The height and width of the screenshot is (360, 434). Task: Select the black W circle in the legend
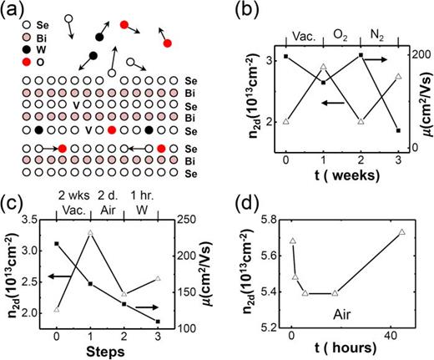coord(8,51)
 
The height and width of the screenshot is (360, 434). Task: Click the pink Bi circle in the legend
coord(8,38)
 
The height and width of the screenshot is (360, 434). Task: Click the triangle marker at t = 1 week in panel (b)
coord(324,67)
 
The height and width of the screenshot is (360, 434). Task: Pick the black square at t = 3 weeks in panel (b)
coord(399,130)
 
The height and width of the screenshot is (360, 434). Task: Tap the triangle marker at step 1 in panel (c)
coord(89,232)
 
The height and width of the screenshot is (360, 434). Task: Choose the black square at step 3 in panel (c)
coord(157,322)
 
